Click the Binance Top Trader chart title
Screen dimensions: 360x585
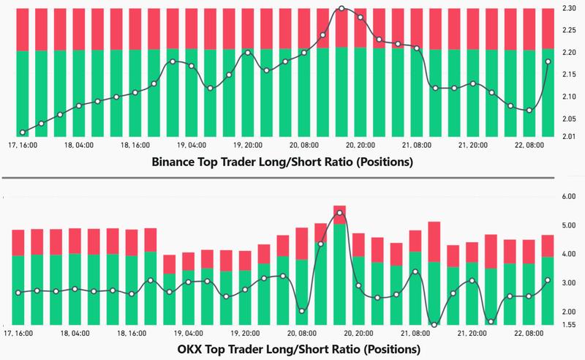(x=282, y=162)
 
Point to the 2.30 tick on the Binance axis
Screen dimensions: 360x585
(x=569, y=8)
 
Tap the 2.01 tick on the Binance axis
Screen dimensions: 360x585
(x=569, y=136)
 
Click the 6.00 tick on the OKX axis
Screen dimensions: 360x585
(x=569, y=197)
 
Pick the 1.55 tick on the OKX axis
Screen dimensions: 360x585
(x=569, y=324)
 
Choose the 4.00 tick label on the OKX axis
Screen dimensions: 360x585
(x=569, y=254)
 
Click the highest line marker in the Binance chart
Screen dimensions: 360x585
(x=341, y=9)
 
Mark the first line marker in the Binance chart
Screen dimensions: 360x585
(x=23, y=132)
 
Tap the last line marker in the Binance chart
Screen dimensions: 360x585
(x=548, y=61)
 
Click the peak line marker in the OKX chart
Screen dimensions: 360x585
(x=339, y=213)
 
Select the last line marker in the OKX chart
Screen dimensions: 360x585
(x=548, y=280)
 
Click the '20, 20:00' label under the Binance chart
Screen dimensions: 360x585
(x=359, y=146)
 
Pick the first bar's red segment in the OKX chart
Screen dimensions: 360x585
(x=18, y=242)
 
